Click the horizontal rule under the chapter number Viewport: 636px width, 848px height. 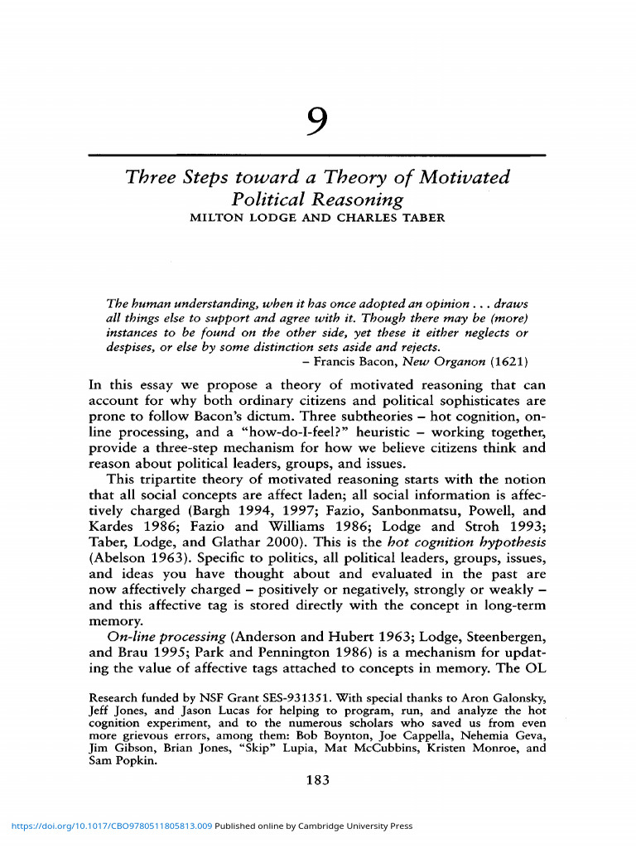pos(317,155)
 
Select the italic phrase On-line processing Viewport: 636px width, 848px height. pos(166,637)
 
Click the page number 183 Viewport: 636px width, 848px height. pos(317,780)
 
